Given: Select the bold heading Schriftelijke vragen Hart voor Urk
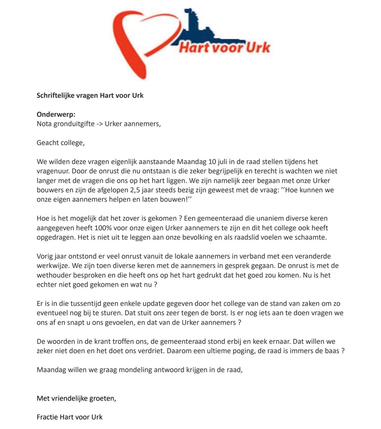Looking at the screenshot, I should click(x=90, y=95).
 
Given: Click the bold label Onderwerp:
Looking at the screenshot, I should click(x=56, y=114).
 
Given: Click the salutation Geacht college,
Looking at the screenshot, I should click(x=61, y=143).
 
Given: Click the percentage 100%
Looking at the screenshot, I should click(x=101, y=228).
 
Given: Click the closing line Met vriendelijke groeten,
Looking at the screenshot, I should click(x=76, y=399).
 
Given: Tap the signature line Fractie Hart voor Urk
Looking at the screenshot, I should click(x=70, y=417).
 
